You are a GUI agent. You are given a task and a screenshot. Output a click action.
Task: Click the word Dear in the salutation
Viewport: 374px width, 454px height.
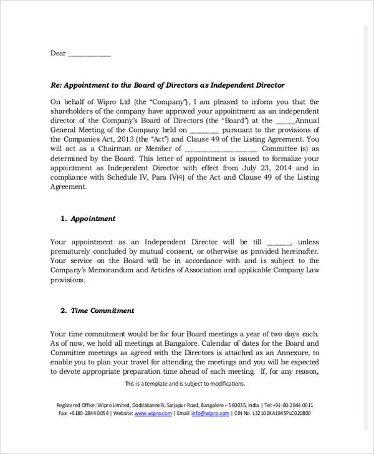[x=57, y=53]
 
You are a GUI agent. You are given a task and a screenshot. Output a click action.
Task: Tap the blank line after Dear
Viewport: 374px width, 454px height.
[x=89, y=55]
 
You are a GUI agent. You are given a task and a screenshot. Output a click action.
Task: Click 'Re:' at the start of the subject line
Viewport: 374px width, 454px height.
[x=56, y=85]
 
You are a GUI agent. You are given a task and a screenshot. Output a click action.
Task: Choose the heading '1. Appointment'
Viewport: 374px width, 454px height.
[x=88, y=219]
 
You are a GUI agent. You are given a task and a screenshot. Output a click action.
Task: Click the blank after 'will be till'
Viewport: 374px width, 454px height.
[x=279, y=243]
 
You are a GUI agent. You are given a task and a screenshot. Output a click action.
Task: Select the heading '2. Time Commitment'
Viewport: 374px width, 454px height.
[x=97, y=310]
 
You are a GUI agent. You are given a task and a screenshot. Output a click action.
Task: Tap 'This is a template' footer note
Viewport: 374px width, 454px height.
[x=185, y=384]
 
